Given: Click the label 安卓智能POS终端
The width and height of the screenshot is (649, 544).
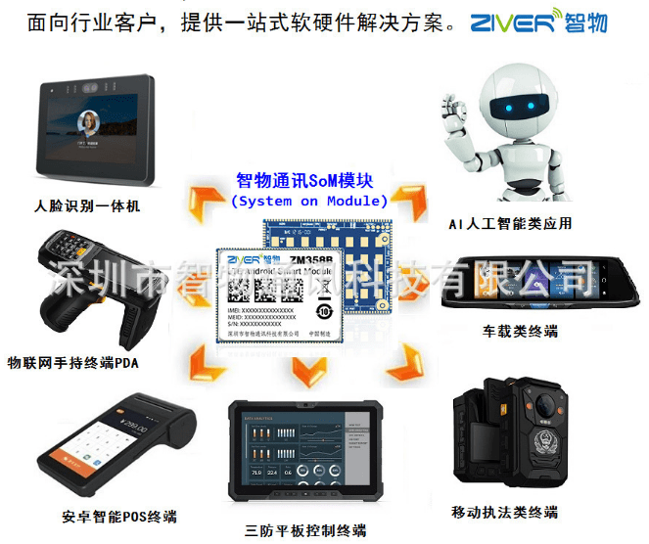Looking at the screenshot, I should coord(106,517).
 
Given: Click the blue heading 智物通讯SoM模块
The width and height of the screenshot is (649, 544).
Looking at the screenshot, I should coord(308,182).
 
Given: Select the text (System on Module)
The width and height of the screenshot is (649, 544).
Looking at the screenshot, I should coord(309,202).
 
